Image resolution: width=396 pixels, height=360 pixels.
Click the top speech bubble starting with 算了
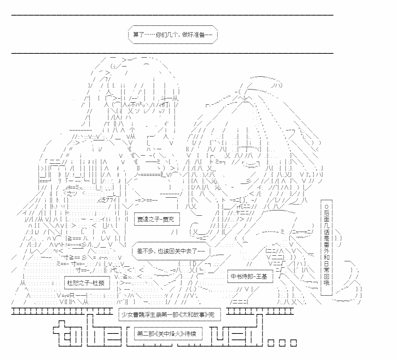point(173,35)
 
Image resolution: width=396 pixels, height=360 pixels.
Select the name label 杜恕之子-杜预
point(87,283)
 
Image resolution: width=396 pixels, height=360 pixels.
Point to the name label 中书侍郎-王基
point(250,276)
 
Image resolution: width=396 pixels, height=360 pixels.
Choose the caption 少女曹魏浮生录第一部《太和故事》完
point(169,314)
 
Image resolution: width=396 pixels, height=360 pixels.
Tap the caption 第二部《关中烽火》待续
point(168,333)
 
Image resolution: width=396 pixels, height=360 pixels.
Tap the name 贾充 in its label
point(169,219)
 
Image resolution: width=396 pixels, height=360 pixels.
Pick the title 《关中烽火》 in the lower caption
point(168,333)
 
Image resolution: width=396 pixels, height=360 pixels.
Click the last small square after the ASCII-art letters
point(294,343)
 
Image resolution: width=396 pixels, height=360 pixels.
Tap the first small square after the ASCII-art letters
point(271,343)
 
